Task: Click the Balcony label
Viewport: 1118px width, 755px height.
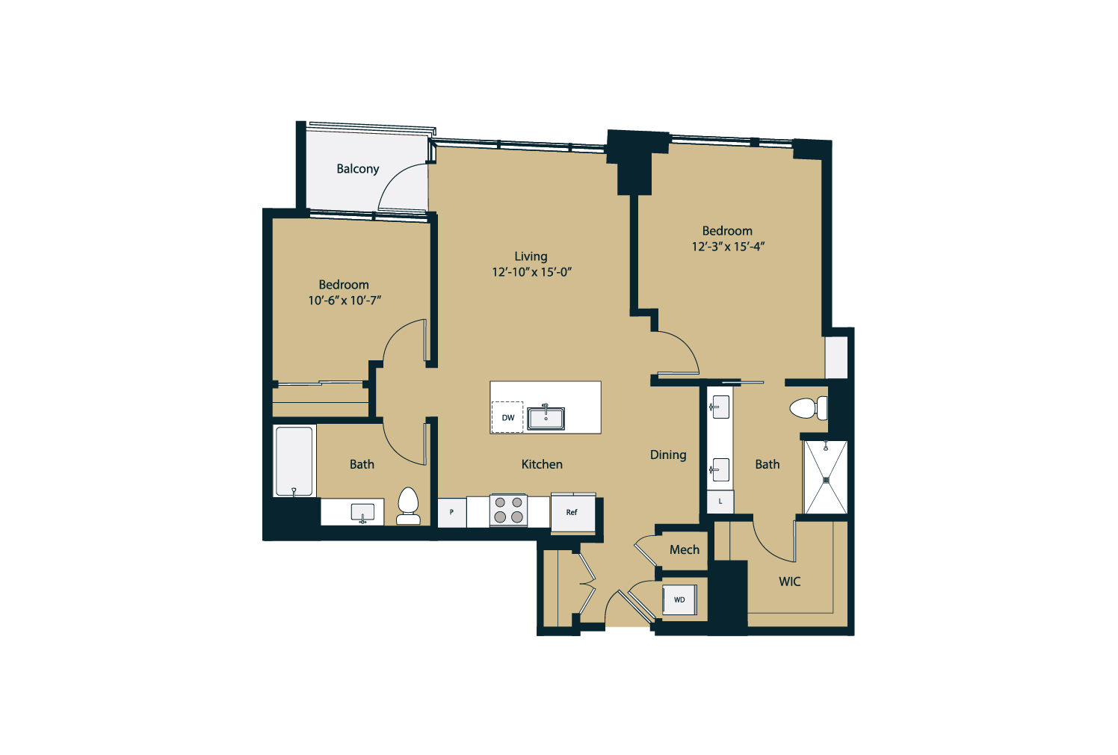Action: tap(357, 169)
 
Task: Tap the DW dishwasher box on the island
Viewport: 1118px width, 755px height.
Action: tap(507, 417)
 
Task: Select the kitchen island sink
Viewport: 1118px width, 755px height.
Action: tap(546, 417)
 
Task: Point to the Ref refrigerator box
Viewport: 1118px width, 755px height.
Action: tap(573, 512)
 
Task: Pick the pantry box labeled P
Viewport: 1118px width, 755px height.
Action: tap(451, 512)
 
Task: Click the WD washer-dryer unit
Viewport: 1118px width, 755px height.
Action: tap(679, 600)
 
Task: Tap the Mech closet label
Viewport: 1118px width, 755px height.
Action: tap(685, 549)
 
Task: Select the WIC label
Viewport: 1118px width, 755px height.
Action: tap(790, 582)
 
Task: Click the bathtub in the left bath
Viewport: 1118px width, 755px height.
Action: tap(294, 461)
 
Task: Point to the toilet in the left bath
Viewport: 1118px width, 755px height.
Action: tap(408, 505)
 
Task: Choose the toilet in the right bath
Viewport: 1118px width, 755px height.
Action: tap(809, 408)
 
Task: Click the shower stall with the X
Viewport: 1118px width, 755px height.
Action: tap(826, 478)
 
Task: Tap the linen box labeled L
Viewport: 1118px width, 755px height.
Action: tap(720, 501)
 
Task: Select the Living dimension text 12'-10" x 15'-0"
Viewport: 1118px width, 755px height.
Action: tap(531, 272)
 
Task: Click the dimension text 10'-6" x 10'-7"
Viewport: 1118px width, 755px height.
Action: tap(345, 300)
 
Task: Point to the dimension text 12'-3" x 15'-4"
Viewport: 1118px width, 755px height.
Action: tap(728, 247)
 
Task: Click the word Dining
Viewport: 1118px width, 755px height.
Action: tap(668, 455)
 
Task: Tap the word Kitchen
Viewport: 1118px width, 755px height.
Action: tap(542, 464)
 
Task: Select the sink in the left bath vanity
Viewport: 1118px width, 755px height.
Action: tap(363, 513)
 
